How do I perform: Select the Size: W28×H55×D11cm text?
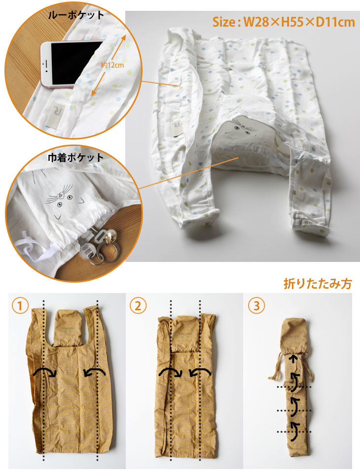284,22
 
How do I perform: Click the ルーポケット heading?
76,15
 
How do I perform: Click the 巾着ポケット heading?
76,157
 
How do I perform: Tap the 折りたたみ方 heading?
318,284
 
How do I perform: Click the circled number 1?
20,306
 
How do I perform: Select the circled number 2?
138,306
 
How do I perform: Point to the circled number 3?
256,306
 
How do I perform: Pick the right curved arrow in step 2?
200,373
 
